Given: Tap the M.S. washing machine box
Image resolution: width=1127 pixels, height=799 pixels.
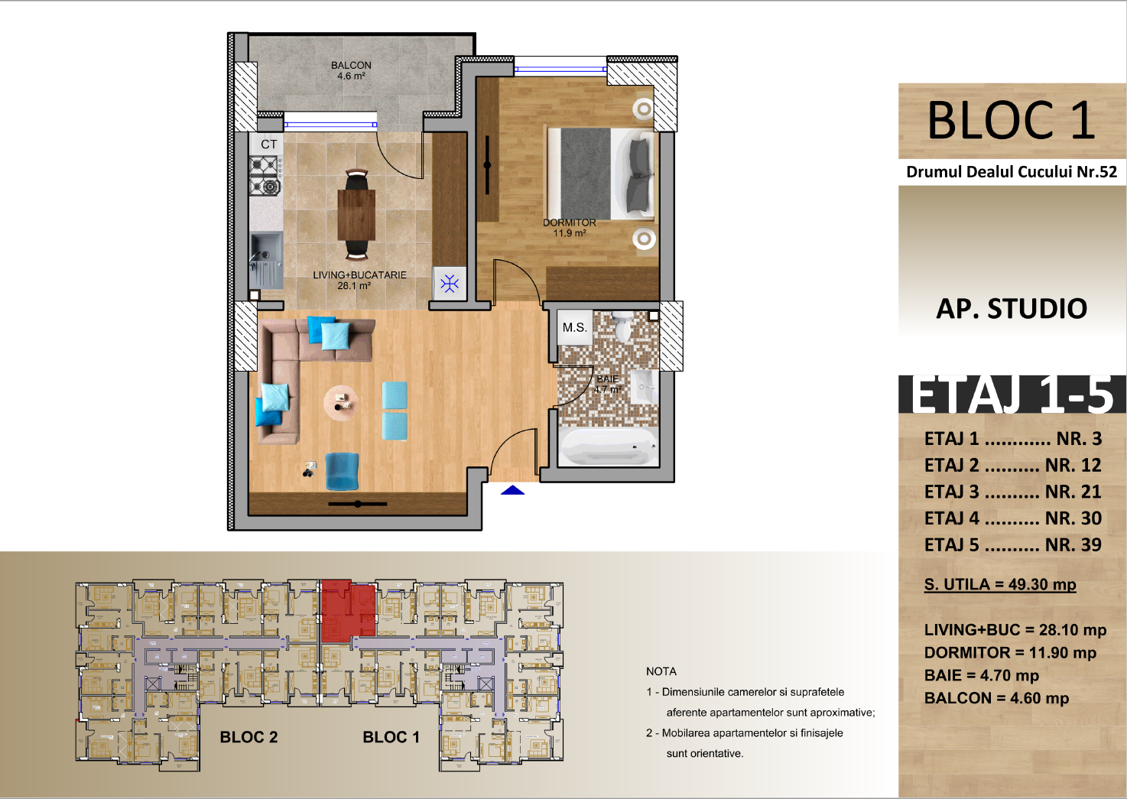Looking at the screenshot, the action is point(574,327).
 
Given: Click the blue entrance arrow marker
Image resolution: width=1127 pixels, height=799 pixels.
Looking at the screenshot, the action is point(513,490).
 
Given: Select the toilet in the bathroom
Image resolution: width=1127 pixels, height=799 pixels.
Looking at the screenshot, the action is point(623,326).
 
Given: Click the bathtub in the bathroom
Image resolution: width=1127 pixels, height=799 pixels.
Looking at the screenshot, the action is point(608,447).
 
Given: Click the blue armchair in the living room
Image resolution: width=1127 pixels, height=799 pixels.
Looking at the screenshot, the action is point(342,472).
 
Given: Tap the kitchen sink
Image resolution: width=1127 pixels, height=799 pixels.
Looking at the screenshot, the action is point(266,260).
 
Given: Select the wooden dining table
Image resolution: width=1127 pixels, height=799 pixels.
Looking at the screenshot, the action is point(356,215).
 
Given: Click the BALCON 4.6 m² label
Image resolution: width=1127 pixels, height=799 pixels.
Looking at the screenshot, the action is point(351,70).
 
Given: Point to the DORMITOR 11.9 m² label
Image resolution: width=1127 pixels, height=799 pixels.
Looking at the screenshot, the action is point(570,228).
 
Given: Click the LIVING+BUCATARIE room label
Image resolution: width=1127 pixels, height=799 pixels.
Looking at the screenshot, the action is point(359,275).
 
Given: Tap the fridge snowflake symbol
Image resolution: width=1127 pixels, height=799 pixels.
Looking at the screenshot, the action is point(450,283).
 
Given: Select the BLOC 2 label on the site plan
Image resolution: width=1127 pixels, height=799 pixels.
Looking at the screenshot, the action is point(248,737).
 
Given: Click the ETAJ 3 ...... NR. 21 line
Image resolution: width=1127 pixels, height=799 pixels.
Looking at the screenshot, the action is point(1013,492).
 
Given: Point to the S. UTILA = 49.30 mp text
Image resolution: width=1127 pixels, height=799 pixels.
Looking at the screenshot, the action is point(1000,585).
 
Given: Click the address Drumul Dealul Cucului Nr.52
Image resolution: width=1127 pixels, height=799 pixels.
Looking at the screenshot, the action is point(1012,172).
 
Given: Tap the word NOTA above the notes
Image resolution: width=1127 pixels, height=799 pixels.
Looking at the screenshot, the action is point(661,671).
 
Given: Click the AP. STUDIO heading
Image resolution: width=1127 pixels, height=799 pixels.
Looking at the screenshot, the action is point(1012,308).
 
